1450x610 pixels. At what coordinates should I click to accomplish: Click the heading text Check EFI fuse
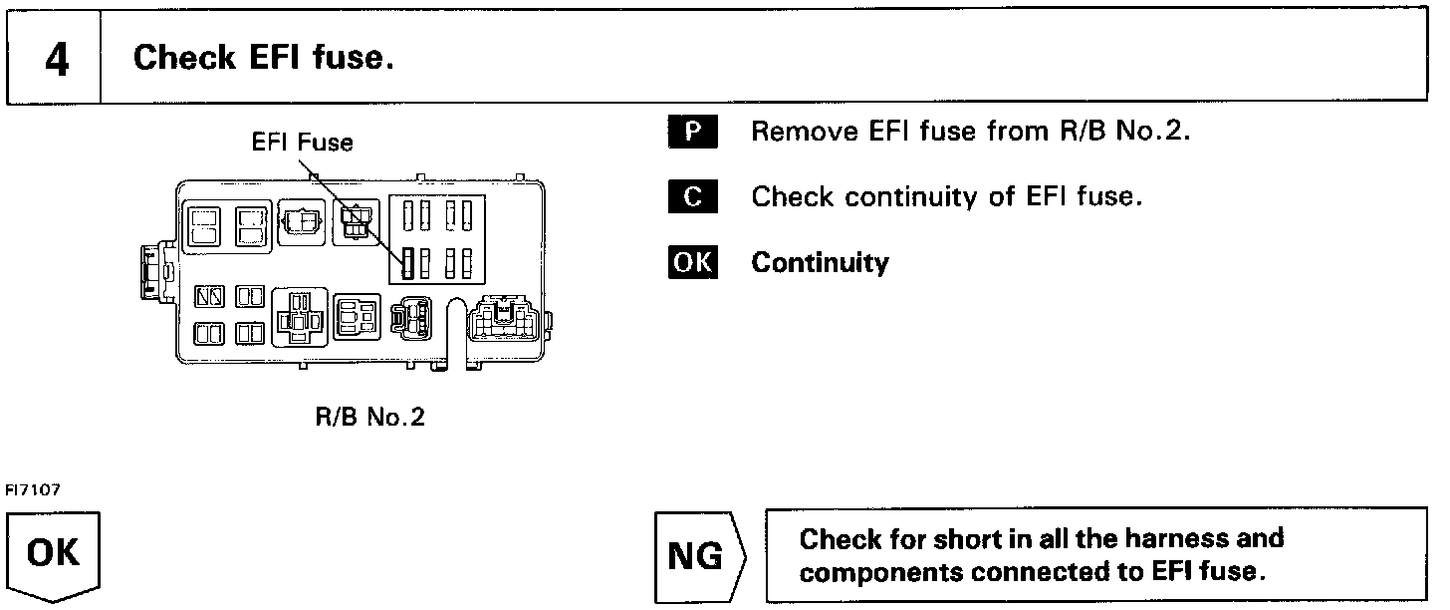pos(263,58)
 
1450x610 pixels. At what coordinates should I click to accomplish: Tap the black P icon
pos(692,133)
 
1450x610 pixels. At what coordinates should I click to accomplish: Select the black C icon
pos(692,197)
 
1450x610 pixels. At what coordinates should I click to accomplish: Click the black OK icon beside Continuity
pos(692,262)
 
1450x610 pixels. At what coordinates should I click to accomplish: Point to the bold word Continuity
pos(820,262)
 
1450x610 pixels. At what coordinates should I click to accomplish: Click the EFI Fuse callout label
pos(302,143)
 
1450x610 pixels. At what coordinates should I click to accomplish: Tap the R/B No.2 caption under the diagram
pos(369,417)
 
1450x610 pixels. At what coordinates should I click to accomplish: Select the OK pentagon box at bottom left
pos(55,554)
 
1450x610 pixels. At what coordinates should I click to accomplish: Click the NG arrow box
pos(697,556)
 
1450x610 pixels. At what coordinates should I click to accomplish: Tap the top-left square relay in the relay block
pos(205,226)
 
